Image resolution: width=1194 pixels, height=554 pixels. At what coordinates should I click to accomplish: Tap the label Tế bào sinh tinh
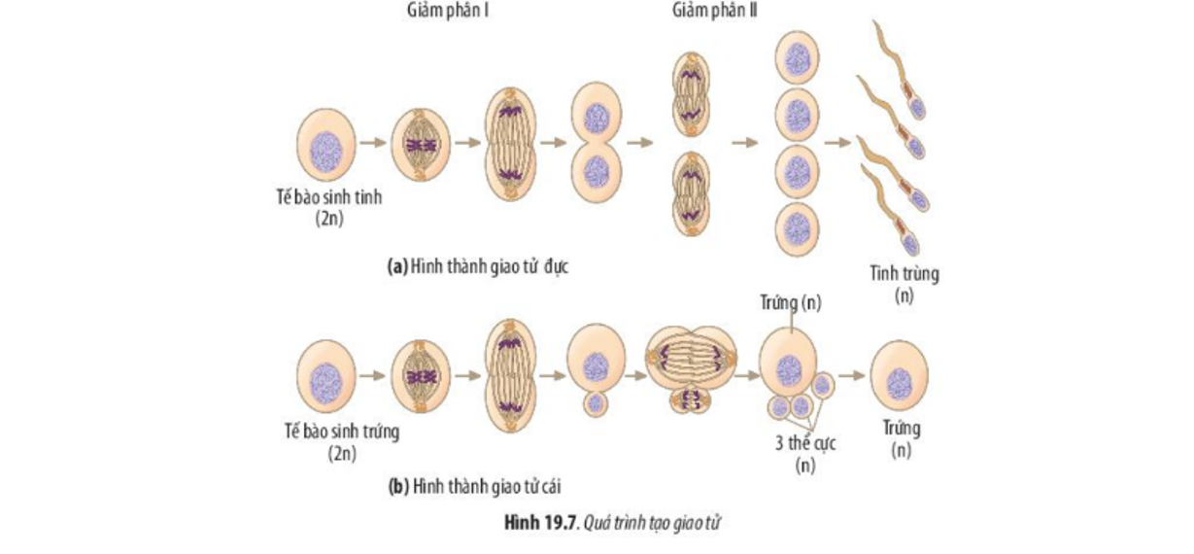click(328, 197)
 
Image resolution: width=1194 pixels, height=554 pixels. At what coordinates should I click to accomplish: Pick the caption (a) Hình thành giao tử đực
click(477, 265)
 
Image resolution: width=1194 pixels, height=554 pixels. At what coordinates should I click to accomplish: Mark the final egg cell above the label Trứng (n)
click(899, 379)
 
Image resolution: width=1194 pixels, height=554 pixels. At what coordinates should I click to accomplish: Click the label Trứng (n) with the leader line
click(789, 303)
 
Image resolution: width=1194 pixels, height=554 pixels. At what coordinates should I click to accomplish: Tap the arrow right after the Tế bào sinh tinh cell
click(372, 142)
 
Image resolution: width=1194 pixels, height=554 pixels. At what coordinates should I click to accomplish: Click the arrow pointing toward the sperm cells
click(836, 142)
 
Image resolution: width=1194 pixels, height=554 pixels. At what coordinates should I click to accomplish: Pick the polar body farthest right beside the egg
click(822, 385)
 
